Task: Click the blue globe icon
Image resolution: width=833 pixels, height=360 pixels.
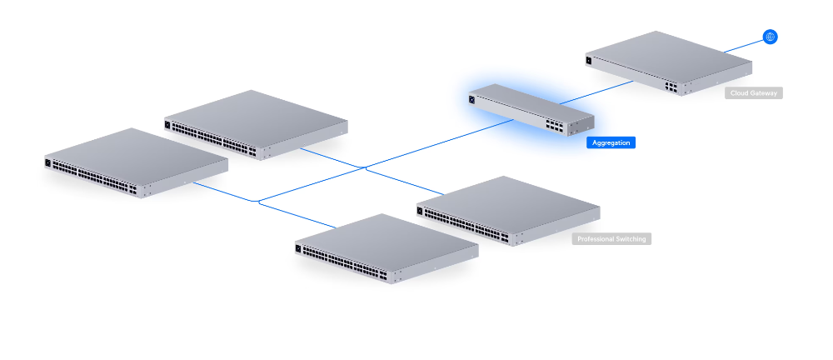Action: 770,37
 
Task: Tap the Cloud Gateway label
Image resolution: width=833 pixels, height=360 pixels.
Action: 754,93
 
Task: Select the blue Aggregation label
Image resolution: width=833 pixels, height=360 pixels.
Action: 611,143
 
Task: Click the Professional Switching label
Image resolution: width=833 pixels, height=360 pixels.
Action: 611,239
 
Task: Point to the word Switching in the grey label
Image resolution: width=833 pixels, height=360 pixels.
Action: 626,239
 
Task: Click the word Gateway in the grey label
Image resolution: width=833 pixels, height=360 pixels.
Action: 765,93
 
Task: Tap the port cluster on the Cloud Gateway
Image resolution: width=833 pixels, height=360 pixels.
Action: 671,84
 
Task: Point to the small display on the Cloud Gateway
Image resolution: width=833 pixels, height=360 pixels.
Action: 590,59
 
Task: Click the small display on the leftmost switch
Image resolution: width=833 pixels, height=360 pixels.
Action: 48,163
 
